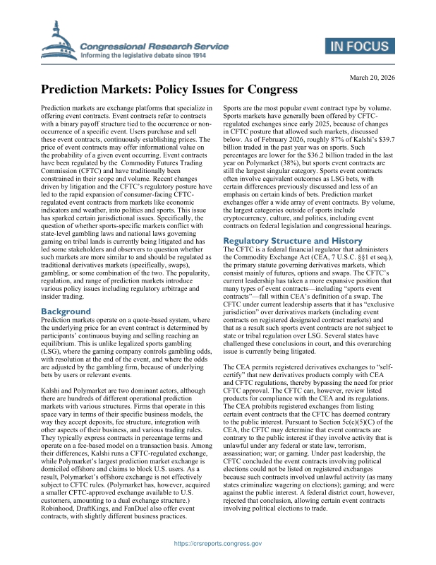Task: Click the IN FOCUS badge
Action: tap(358, 48)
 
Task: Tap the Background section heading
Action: tap(66, 311)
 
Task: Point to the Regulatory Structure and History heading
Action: tap(290, 241)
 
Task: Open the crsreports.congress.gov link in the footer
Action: tap(217, 544)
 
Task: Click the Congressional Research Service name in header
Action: tap(155, 45)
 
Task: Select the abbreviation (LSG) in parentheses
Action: tap(53, 359)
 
